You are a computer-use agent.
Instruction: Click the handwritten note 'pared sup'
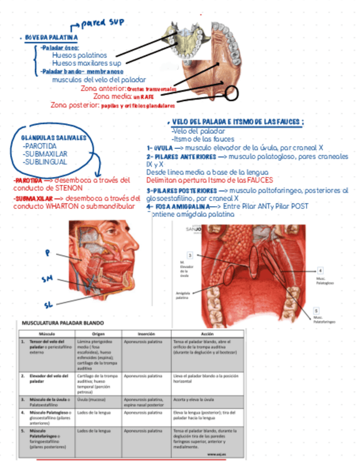[102, 24]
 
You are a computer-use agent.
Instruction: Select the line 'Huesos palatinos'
[79, 55]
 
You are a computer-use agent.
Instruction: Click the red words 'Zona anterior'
[103, 88]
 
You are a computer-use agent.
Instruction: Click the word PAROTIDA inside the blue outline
[40, 146]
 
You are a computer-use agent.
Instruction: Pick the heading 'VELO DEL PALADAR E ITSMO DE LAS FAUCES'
[238, 121]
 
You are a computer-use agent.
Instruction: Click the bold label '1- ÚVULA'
[160, 148]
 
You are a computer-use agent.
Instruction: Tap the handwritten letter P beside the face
[48, 253]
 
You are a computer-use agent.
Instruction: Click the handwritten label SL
[48, 303]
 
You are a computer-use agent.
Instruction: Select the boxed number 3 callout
[189, 255]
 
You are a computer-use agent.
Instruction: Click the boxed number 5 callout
[316, 309]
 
